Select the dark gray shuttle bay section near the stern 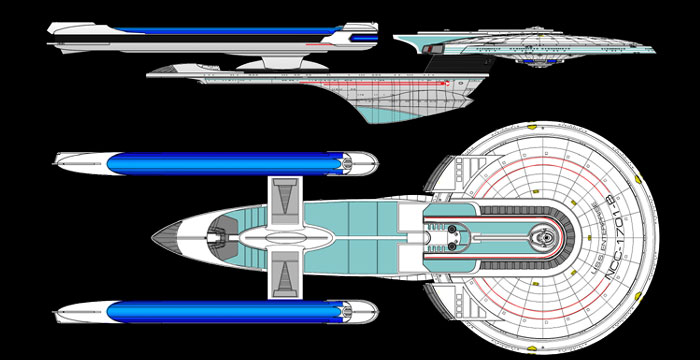tap(216, 236)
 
